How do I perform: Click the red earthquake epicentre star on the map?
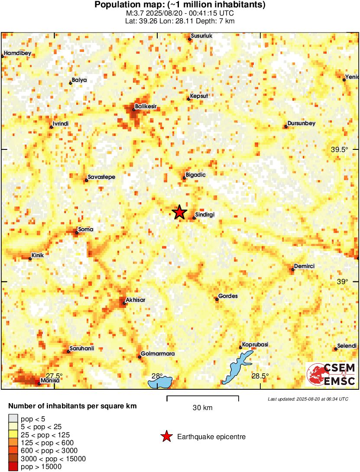[x=179, y=212]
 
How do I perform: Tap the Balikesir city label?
[x=146, y=106]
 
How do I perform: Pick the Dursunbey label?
[x=302, y=123]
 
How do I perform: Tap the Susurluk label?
[x=202, y=36]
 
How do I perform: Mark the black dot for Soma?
[x=77, y=233]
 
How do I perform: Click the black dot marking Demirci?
[x=293, y=269]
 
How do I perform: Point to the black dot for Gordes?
[x=217, y=299]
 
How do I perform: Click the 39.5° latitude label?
[x=340, y=150]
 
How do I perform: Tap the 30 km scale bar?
[x=202, y=397]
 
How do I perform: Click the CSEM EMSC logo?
[x=331, y=374]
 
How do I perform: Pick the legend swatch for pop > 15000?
[x=13, y=466]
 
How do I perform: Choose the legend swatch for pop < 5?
[x=13, y=418]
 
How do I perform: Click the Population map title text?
[x=180, y=5]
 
